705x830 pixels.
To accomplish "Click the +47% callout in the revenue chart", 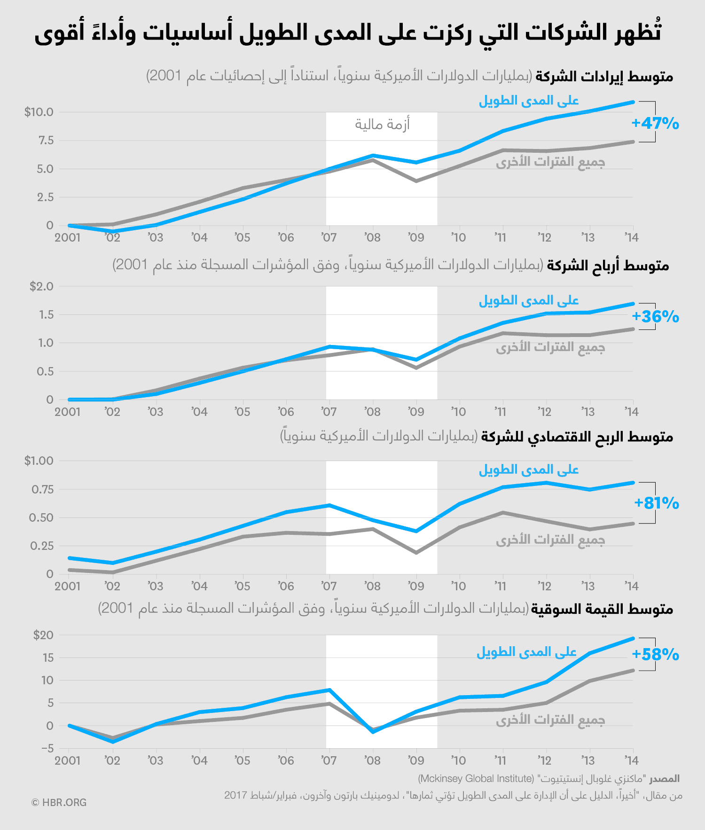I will (655, 124).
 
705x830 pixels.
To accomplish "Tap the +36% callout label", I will (655, 317).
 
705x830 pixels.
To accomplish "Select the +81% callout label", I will (656, 503).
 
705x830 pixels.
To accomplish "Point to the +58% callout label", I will (655, 655).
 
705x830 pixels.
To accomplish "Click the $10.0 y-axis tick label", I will (39, 112).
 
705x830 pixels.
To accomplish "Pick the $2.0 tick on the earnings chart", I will (41, 286).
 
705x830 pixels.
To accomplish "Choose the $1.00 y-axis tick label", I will (39, 461).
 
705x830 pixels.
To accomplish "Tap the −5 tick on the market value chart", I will (47, 748).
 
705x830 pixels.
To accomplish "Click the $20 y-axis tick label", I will (43, 635).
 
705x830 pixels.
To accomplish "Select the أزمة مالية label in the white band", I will (382, 125).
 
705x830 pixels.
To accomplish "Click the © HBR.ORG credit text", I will (59, 803).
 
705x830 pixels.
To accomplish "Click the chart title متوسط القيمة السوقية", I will (602, 610).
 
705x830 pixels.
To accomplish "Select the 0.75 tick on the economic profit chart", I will (42, 489).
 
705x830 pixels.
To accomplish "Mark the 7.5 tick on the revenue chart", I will (46, 141).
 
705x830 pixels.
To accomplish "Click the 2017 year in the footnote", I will (235, 795).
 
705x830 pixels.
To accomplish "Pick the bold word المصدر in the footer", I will (665, 779).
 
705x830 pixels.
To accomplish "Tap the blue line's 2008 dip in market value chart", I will (373, 732).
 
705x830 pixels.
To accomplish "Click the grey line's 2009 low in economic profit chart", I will (416, 553).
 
